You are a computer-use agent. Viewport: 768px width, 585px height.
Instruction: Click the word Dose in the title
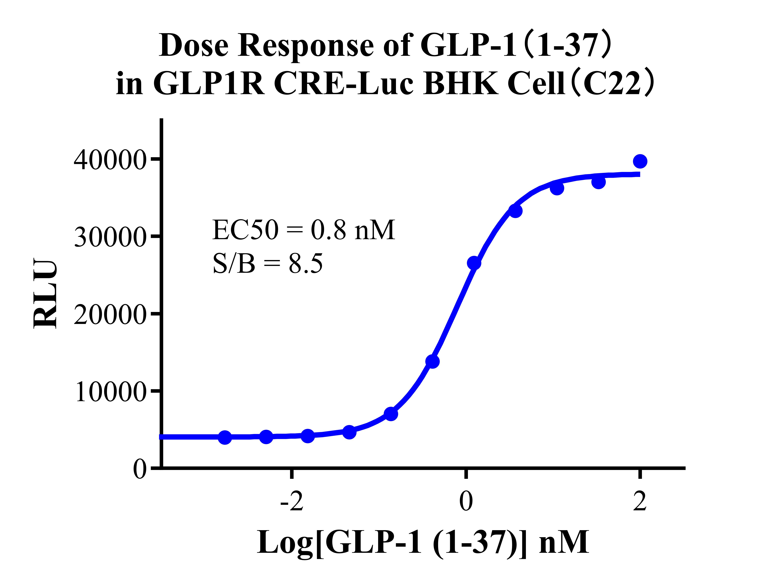click(194, 45)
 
